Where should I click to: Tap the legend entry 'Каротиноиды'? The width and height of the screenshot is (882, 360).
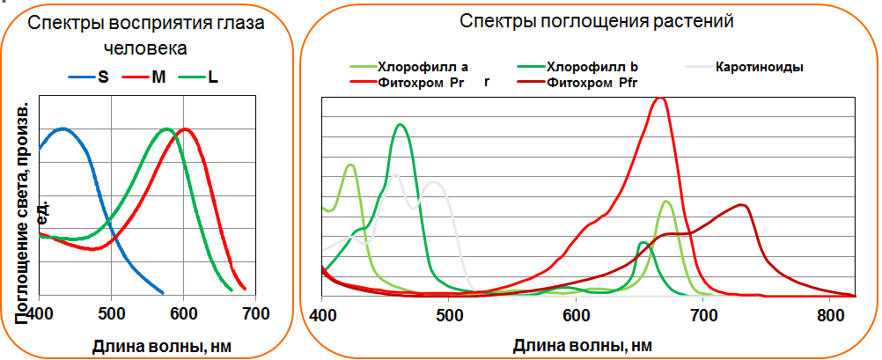click(x=760, y=67)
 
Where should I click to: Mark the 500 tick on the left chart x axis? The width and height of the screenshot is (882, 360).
click(x=110, y=312)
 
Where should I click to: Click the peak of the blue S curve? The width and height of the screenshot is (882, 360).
click(x=62, y=129)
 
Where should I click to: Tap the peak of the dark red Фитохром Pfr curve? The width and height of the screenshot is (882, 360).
click(x=744, y=205)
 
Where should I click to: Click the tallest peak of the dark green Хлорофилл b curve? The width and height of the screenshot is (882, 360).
click(x=401, y=124)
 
